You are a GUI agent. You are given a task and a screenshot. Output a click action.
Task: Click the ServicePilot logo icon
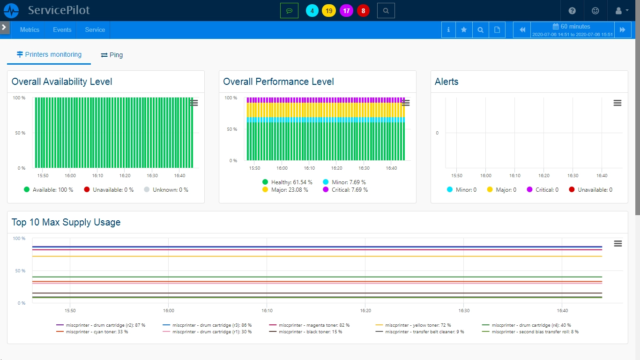11,11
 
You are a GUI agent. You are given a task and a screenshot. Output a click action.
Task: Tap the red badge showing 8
363,11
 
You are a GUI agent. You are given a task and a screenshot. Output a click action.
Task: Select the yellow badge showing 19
329,11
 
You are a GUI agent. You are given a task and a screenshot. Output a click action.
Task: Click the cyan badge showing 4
312,11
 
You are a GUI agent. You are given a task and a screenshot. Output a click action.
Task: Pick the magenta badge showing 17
346,11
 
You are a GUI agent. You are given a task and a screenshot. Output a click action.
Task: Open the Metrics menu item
30,30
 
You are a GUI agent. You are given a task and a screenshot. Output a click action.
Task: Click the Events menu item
62,30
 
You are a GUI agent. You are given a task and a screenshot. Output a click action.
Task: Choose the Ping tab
112,55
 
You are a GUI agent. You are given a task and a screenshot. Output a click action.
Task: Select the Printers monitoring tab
49,54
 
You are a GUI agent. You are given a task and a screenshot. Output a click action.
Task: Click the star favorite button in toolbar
464,30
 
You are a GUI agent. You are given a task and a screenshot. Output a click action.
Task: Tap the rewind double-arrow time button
522,30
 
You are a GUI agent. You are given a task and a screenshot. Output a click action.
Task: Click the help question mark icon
572,11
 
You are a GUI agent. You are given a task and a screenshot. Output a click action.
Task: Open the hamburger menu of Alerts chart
618,103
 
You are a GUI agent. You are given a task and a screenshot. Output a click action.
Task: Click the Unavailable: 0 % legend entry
109,189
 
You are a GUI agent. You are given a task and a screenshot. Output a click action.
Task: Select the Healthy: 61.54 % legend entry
287,182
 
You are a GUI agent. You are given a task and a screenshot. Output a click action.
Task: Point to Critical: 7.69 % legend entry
345,189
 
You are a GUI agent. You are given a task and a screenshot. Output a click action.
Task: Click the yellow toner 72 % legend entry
413,325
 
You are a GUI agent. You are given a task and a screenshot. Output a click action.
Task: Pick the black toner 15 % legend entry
305,332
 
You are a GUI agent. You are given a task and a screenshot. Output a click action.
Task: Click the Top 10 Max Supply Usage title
66,222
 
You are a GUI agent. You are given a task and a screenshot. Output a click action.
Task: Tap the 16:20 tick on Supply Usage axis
365,310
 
